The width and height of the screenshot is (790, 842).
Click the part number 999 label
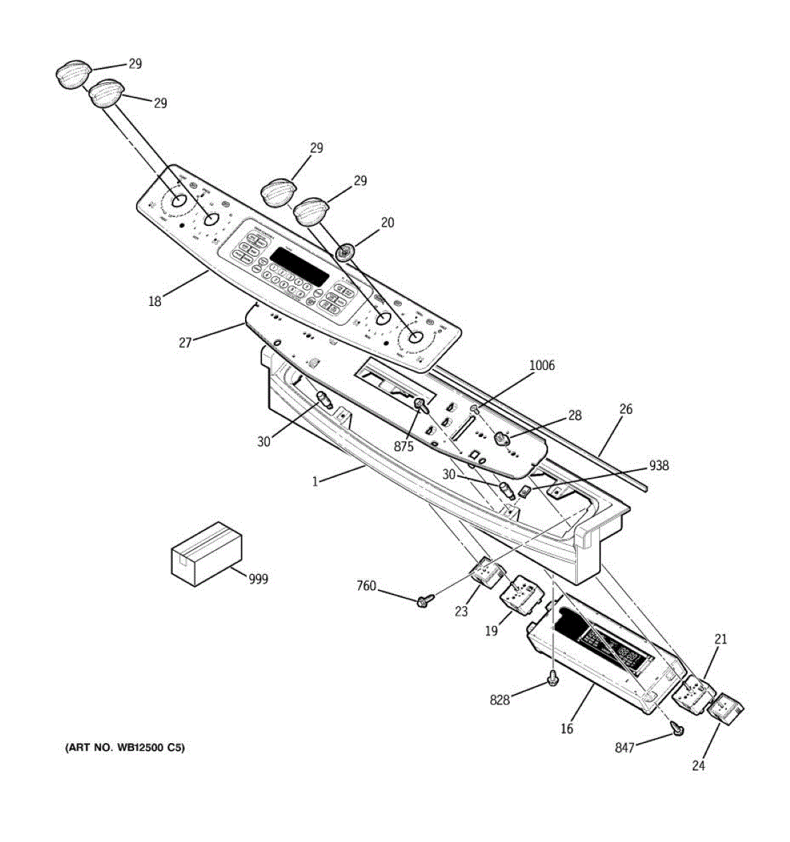[x=258, y=579]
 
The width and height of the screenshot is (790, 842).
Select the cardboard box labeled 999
[x=206, y=552]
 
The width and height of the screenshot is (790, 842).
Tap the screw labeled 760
[x=423, y=601]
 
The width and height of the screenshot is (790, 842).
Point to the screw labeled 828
[x=553, y=679]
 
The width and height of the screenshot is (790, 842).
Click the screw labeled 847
[x=678, y=730]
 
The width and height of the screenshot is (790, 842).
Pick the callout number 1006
[x=541, y=365]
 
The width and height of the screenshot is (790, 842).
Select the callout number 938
[x=659, y=465]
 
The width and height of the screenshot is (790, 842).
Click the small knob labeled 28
[x=501, y=439]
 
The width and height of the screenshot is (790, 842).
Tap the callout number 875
[x=403, y=446]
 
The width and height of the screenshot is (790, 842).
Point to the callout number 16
[x=567, y=728]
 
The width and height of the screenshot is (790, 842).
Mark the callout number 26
[x=625, y=408]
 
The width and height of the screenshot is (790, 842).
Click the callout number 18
[x=154, y=302]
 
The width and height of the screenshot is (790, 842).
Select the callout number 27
[x=185, y=343]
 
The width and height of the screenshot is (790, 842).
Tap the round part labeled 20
[x=345, y=252]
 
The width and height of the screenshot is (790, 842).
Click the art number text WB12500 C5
[x=126, y=748]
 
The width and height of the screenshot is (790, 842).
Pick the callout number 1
[x=315, y=481]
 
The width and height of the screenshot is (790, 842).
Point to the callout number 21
[x=720, y=639]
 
